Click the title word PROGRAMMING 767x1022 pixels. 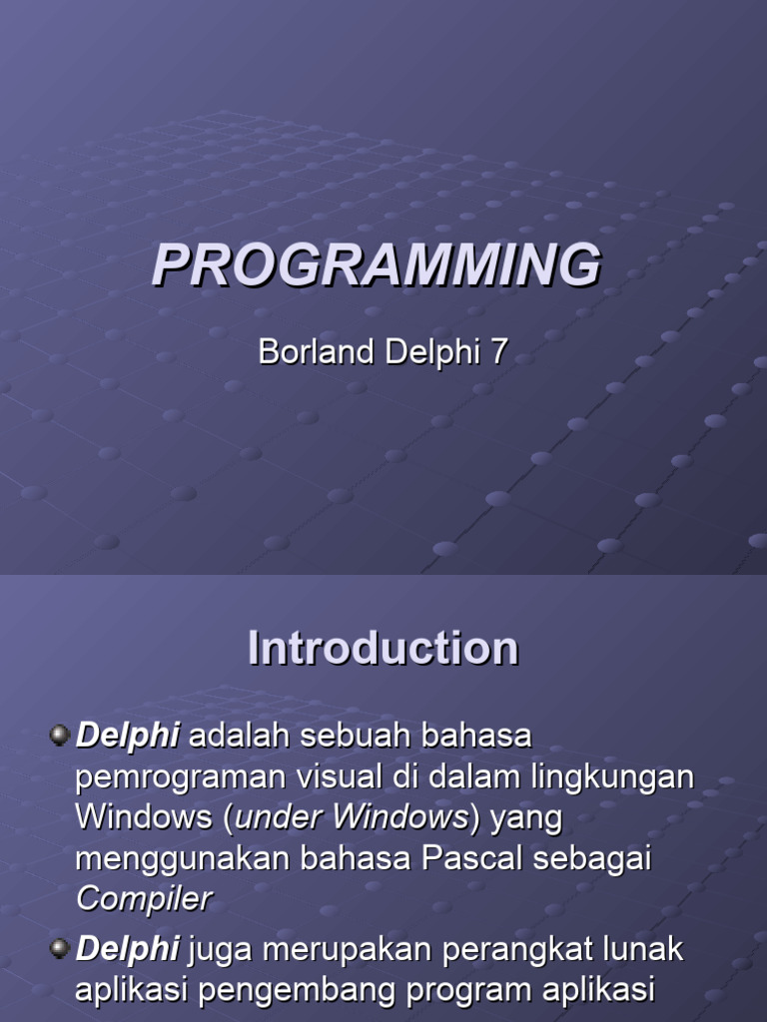(377, 266)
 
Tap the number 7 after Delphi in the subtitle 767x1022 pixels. (497, 352)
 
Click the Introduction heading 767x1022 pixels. (383, 649)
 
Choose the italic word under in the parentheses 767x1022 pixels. (280, 818)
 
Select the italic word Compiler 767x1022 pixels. (144, 899)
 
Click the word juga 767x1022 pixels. (220, 950)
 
